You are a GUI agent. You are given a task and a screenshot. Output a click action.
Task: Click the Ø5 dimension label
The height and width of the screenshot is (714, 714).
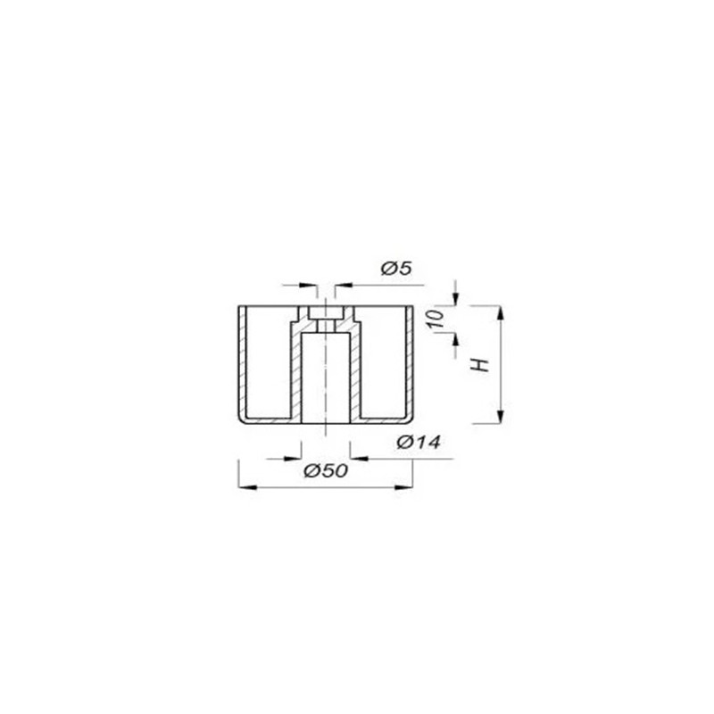396,269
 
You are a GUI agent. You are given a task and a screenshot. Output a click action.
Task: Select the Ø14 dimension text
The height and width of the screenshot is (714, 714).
419,442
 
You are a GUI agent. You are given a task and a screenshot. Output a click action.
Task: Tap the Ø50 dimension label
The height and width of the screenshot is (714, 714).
326,470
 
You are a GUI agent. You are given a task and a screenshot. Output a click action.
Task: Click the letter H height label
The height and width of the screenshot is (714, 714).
480,365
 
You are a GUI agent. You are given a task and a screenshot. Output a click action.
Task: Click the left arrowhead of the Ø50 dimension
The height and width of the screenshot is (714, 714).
247,487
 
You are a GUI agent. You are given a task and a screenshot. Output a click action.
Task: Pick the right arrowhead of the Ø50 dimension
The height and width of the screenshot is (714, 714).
404,487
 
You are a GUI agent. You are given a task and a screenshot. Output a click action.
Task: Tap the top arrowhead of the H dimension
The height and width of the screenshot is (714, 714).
500,315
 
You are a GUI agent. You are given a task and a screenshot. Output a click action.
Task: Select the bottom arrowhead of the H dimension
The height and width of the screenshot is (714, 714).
500,415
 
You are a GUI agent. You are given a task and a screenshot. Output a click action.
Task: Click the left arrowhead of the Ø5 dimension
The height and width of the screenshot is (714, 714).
308,286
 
